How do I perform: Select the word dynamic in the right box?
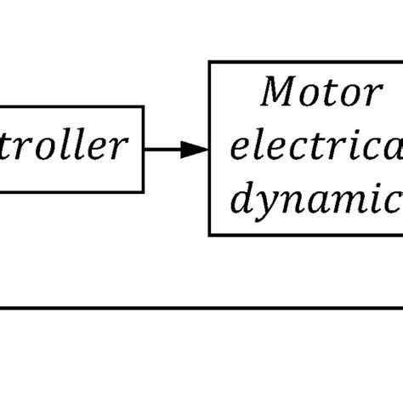(x=316, y=201)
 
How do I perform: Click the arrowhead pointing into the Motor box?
(x=196, y=150)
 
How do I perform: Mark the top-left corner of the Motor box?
(x=210, y=62)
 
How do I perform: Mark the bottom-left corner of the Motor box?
(x=210, y=234)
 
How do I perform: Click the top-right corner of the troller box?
(x=143, y=107)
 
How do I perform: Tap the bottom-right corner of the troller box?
(x=143, y=191)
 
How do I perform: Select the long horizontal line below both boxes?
(x=201, y=309)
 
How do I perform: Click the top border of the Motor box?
(x=306, y=62)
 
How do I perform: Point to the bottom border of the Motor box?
(x=306, y=234)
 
